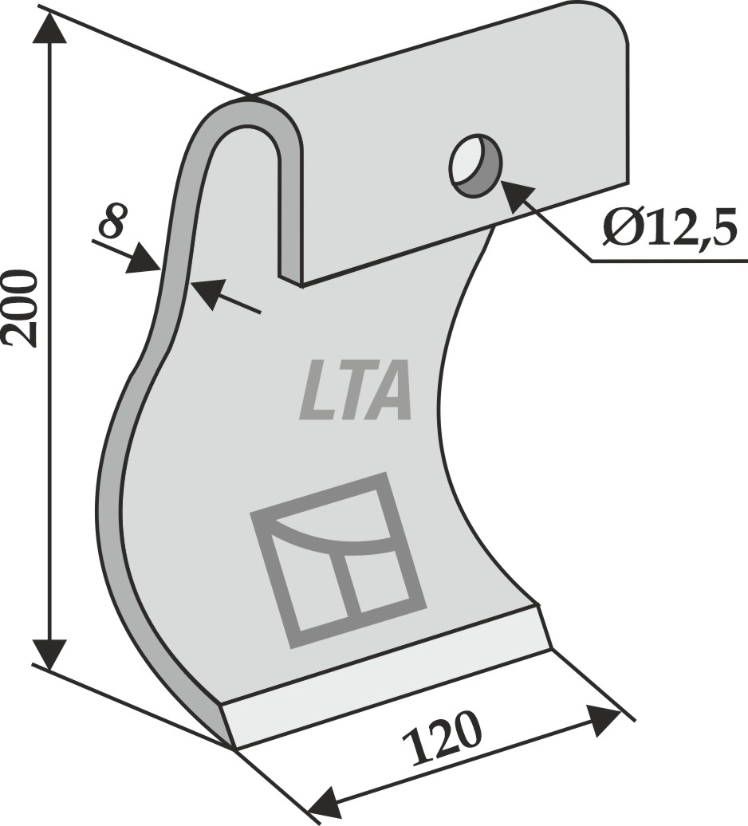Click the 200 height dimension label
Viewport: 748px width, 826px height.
tap(21, 309)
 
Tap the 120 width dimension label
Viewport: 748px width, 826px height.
tap(443, 738)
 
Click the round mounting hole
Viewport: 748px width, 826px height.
tap(474, 165)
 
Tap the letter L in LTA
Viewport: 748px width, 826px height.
tap(315, 390)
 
